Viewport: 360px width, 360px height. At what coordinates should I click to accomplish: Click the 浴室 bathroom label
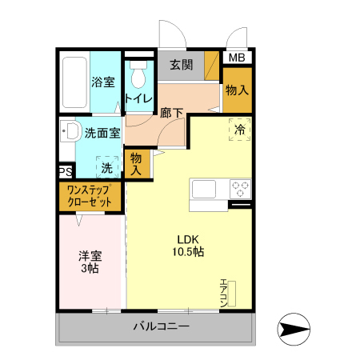pyautogui.click(x=102, y=82)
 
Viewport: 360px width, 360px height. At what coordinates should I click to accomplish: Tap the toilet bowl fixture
pyautogui.click(x=139, y=76)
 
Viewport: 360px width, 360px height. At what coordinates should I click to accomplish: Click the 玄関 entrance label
pyautogui.click(x=181, y=65)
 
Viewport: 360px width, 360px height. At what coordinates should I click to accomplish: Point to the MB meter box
pyautogui.click(x=238, y=58)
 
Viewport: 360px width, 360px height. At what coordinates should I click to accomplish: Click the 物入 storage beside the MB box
pyautogui.click(x=237, y=90)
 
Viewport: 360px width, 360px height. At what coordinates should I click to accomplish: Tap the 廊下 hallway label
pyautogui.click(x=171, y=113)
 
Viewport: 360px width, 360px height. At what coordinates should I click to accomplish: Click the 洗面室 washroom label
pyautogui.click(x=102, y=133)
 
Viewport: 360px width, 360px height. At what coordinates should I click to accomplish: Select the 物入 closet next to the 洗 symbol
pyautogui.click(x=137, y=164)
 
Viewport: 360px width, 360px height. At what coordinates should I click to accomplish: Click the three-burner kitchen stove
pyautogui.click(x=239, y=190)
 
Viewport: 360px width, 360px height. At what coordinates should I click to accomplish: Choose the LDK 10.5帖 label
pyautogui.click(x=190, y=245)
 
